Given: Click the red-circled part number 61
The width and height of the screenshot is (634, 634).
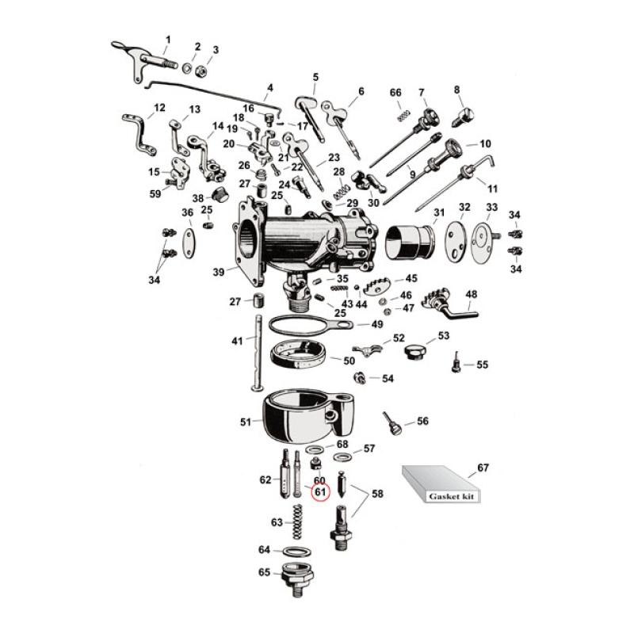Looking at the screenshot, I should [320, 492].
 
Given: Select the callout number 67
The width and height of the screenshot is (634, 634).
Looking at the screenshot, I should [483, 468].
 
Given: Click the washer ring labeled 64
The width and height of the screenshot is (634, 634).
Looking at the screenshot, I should [296, 551].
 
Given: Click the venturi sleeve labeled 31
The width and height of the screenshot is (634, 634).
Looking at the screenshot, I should [411, 241].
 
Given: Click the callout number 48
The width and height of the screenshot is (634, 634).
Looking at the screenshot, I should [472, 295].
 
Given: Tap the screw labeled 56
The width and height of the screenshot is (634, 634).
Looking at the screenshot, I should [391, 424].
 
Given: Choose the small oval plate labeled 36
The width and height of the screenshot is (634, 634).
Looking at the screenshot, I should [188, 239].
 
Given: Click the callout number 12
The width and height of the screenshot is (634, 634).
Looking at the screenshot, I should [159, 108].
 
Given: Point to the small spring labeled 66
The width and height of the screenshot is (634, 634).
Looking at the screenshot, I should [403, 116].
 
